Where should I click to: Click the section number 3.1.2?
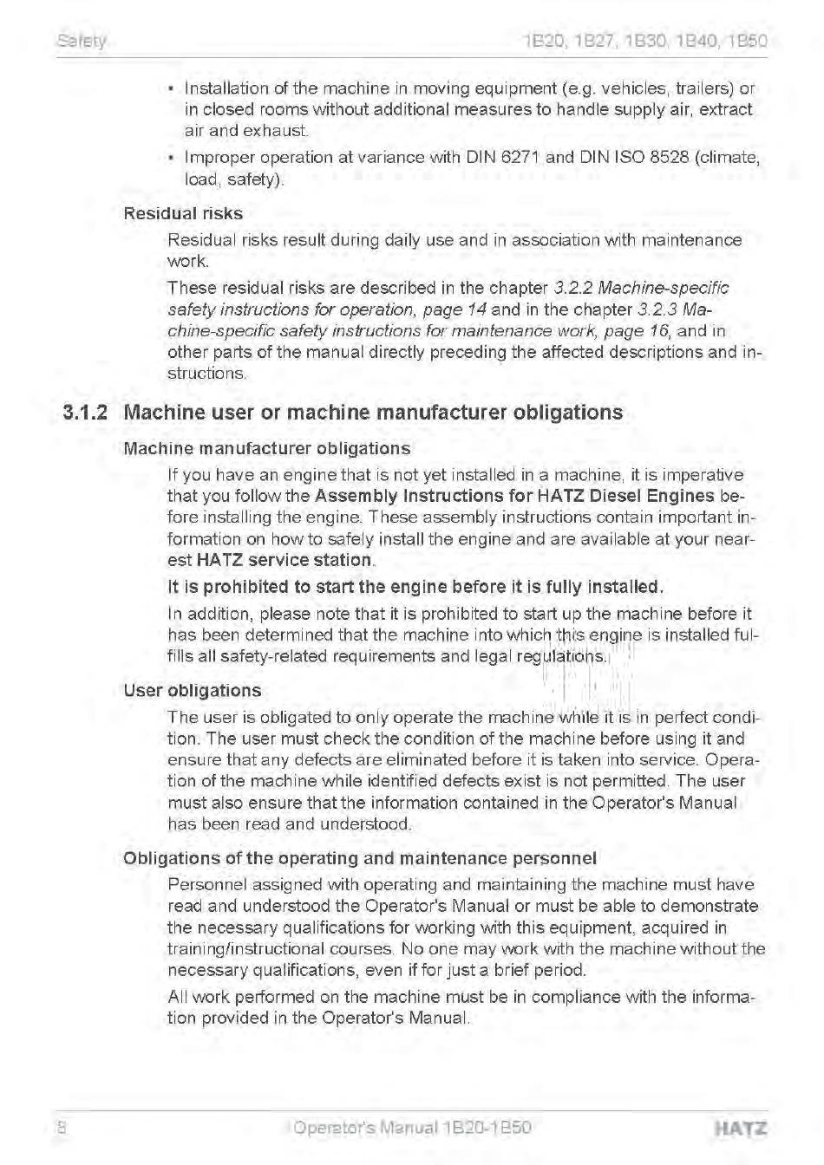click(x=86, y=413)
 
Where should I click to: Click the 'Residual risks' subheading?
click(x=183, y=213)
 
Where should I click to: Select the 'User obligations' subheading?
click(x=192, y=691)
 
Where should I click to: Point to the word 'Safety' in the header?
click(x=81, y=41)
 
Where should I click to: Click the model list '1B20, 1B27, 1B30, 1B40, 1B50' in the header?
click(x=645, y=41)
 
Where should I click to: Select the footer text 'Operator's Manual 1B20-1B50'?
click(x=412, y=1128)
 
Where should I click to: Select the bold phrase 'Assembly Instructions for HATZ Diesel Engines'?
click(x=514, y=497)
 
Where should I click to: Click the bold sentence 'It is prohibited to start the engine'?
click(x=415, y=587)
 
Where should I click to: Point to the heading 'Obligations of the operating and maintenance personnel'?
click(x=360, y=858)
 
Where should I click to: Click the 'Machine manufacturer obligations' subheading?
click(x=267, y=449)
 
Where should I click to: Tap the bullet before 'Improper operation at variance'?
click(x=173, y=159)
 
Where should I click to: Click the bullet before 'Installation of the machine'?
click(x=173, y=89)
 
